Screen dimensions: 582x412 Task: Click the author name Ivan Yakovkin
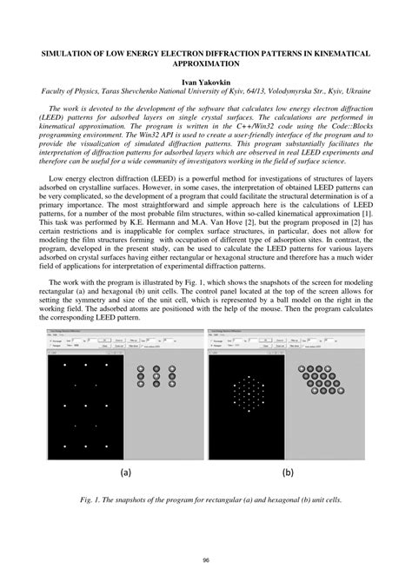pos(206,80)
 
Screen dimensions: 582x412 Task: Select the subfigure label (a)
pos(125,473)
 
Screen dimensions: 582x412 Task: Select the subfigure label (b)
pos(288,473)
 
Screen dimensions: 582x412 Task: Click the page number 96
pos(206,559)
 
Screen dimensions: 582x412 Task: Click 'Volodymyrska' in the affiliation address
pos(276,89)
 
